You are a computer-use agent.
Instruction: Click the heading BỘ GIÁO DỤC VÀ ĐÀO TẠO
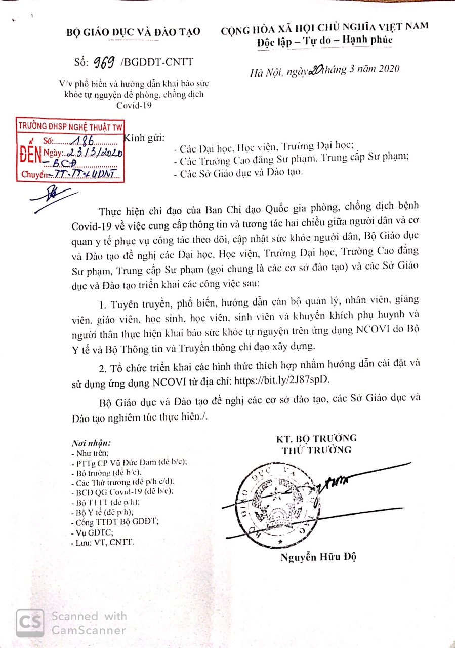[x=134, y=32]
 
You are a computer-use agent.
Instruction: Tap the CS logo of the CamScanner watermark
[x=29, y=623]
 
